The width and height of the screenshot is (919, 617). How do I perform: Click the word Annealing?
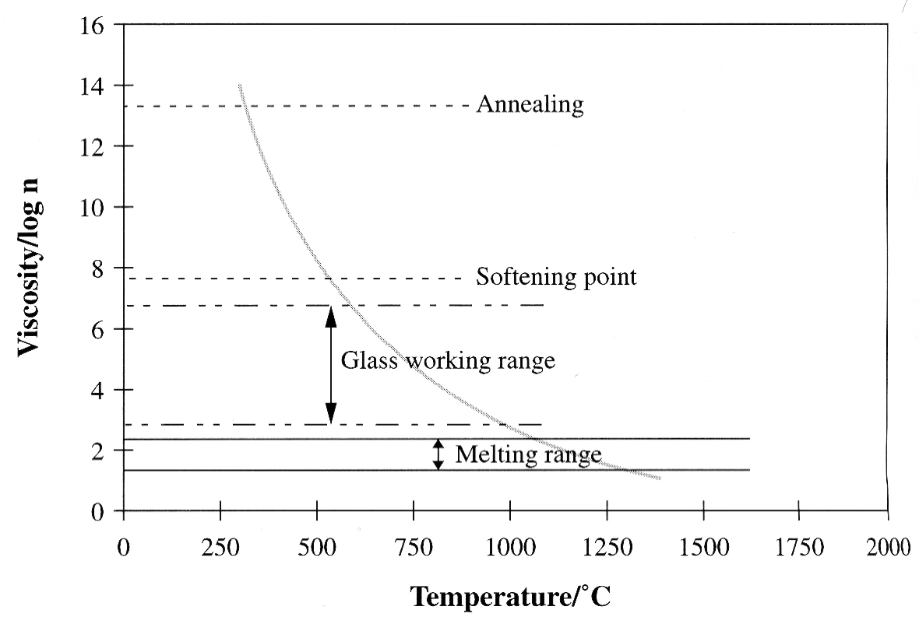tap(530, 104)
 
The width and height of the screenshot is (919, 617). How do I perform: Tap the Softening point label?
tap(556, 277)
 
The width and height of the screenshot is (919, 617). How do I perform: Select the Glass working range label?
tap(448, 361)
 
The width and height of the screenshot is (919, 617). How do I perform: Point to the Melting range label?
tap(527, 454)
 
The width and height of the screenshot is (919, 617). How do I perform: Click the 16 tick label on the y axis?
tap(93, 25)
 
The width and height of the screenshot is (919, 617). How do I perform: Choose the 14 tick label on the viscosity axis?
tap(93, 86)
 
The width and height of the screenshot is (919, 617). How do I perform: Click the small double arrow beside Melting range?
tap(438, 454)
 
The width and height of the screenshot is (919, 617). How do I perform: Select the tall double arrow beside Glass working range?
tap(331, 365)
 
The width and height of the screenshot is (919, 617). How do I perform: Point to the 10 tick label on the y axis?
tap(93, 208)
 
